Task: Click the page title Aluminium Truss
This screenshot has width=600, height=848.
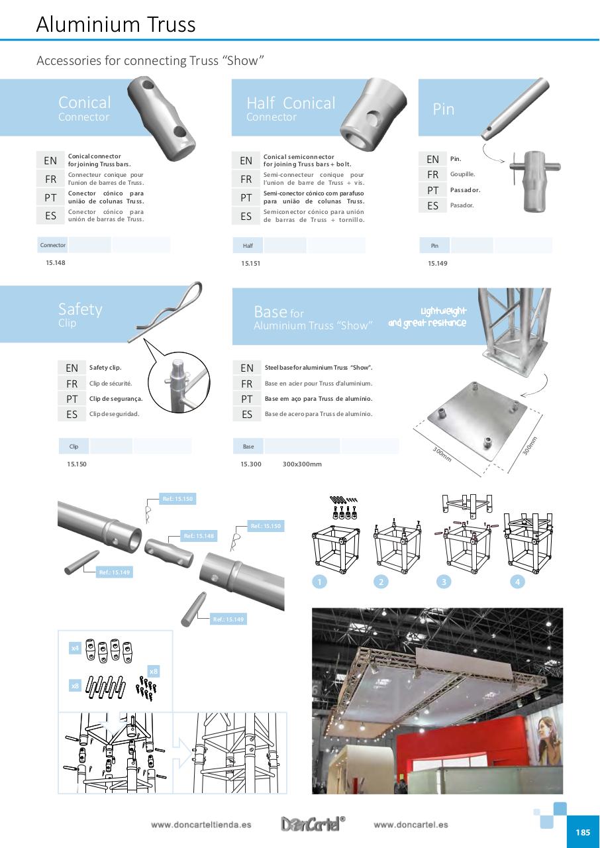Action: [116, 25]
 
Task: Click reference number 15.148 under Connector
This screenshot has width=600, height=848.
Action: [56, 262]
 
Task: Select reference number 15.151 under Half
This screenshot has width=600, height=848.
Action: [250, 263]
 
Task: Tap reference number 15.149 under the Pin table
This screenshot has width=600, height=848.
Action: [437, 263]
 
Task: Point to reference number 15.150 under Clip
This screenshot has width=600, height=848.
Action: [76, 464]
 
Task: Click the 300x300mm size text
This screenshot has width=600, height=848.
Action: [302, 464]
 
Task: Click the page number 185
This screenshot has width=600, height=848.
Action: [582, 832]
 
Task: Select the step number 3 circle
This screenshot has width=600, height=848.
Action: [444, 582]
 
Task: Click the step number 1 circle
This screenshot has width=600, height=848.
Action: [319, 582]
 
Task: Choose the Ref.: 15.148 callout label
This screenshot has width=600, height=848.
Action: [199, 536]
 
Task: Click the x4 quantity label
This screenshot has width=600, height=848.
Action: [75, 648]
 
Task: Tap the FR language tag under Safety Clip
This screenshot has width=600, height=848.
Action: [72, 384]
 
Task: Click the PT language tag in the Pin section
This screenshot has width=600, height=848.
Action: [432, 190]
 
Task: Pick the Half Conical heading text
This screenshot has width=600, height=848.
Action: [291, 103]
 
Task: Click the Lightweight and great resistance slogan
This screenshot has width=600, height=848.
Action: [427, 317]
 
